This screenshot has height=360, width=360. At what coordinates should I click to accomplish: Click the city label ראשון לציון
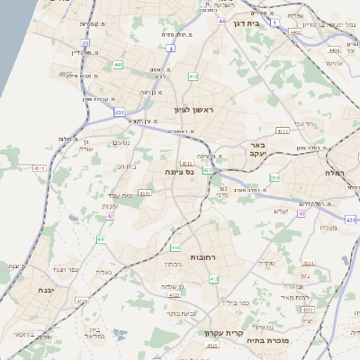(x=195, y=109)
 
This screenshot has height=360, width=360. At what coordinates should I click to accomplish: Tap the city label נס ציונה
(x=178, y=171)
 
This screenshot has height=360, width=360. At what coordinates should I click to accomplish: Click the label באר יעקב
(x=258, y=148)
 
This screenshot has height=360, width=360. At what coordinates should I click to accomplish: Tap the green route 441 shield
(x=119, y=65)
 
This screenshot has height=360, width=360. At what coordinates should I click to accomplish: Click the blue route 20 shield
(x=85, y=42)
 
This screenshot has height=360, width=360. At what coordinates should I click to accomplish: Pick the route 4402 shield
(x=295, y=31)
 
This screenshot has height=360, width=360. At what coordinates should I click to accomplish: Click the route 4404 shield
(x=334, y=52)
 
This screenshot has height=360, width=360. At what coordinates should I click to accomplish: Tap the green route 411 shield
(x=101, y=239)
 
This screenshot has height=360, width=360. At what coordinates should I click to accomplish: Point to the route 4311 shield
(x=39, y=168)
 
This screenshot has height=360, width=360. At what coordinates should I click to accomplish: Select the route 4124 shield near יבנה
(x=83, y=301)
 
